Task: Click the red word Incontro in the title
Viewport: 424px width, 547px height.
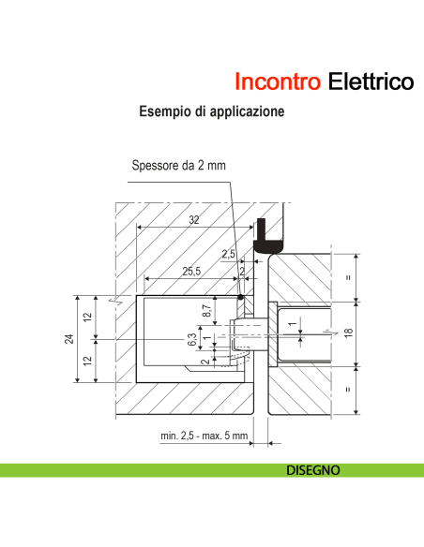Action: coord(279,81)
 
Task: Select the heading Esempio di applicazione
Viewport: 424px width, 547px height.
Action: coord(211,111)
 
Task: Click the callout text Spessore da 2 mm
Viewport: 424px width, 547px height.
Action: coord(178,166)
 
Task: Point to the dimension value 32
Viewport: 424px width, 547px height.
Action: coord(193,220)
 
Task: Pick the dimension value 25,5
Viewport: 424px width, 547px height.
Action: coord(191,272)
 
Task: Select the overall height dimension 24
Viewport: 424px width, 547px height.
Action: coord(69,339)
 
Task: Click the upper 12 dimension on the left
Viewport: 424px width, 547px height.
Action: coord(87,317)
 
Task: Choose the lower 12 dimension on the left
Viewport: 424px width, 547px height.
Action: coord(87,362)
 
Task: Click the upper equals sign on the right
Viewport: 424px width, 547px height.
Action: coord(349,276)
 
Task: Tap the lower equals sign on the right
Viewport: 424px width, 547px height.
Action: coord(349,392)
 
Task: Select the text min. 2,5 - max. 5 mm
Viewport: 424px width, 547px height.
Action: coord(204,436)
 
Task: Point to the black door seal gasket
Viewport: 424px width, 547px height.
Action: coord(270,237)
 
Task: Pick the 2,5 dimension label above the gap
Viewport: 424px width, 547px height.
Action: coord(229,254)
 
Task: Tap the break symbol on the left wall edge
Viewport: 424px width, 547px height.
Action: coord(113,302)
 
